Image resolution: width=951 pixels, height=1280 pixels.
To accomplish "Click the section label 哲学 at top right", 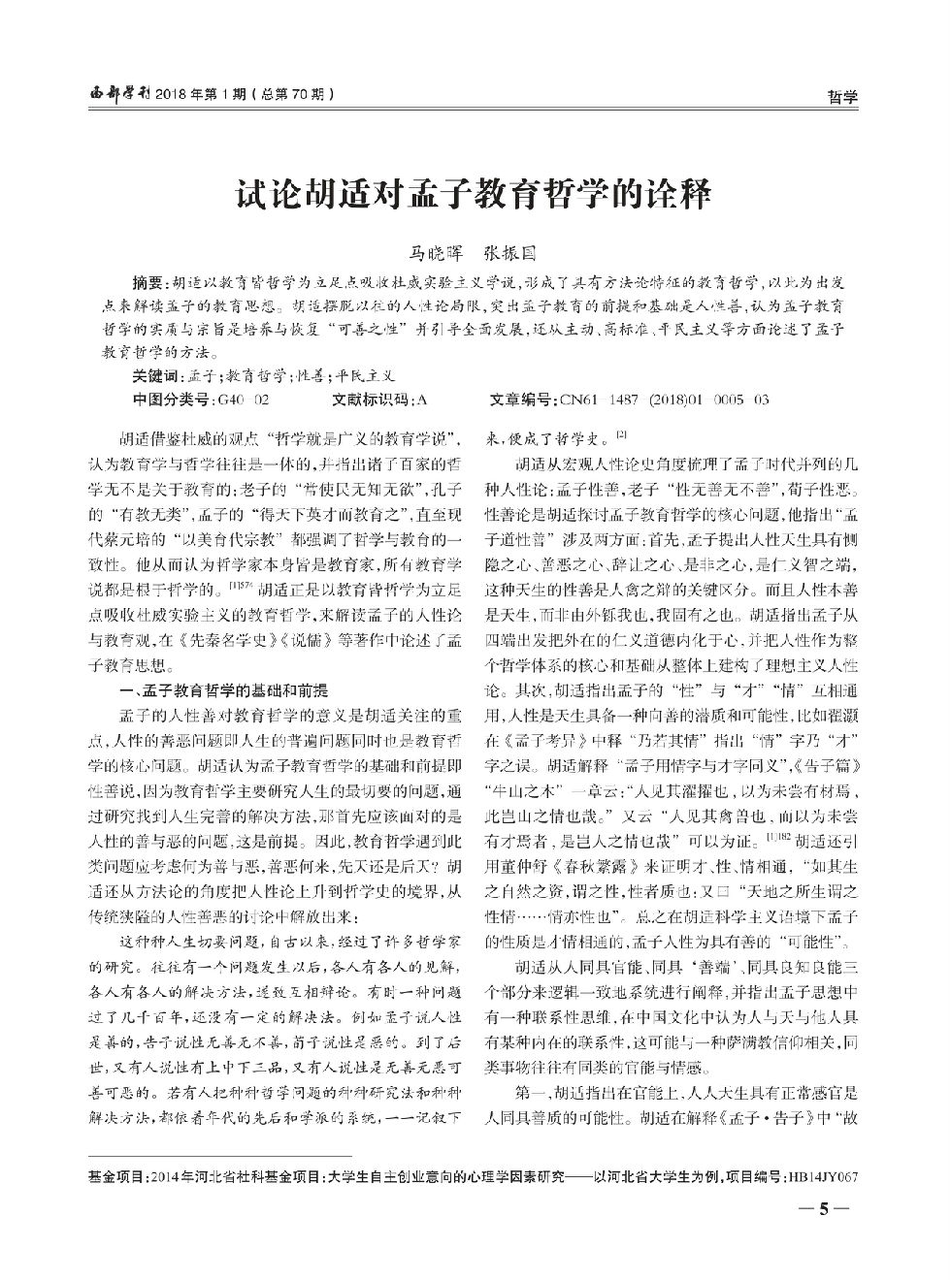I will coord(841,97).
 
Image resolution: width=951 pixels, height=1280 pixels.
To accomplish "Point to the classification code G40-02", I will coord(244,399).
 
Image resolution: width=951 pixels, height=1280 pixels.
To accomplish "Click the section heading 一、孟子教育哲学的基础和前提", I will coord(222,690).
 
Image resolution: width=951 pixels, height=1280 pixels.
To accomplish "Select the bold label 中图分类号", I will coord(173,399).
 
